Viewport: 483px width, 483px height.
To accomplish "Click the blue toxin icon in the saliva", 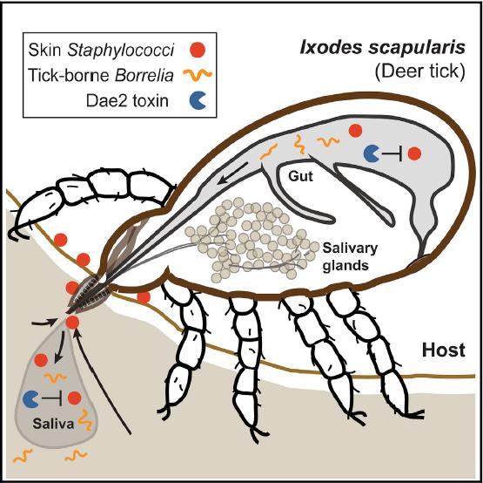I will coord(30,398).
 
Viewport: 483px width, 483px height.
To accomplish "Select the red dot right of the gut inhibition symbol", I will coord(415,153).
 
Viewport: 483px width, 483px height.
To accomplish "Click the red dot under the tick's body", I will coord(144,298).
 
